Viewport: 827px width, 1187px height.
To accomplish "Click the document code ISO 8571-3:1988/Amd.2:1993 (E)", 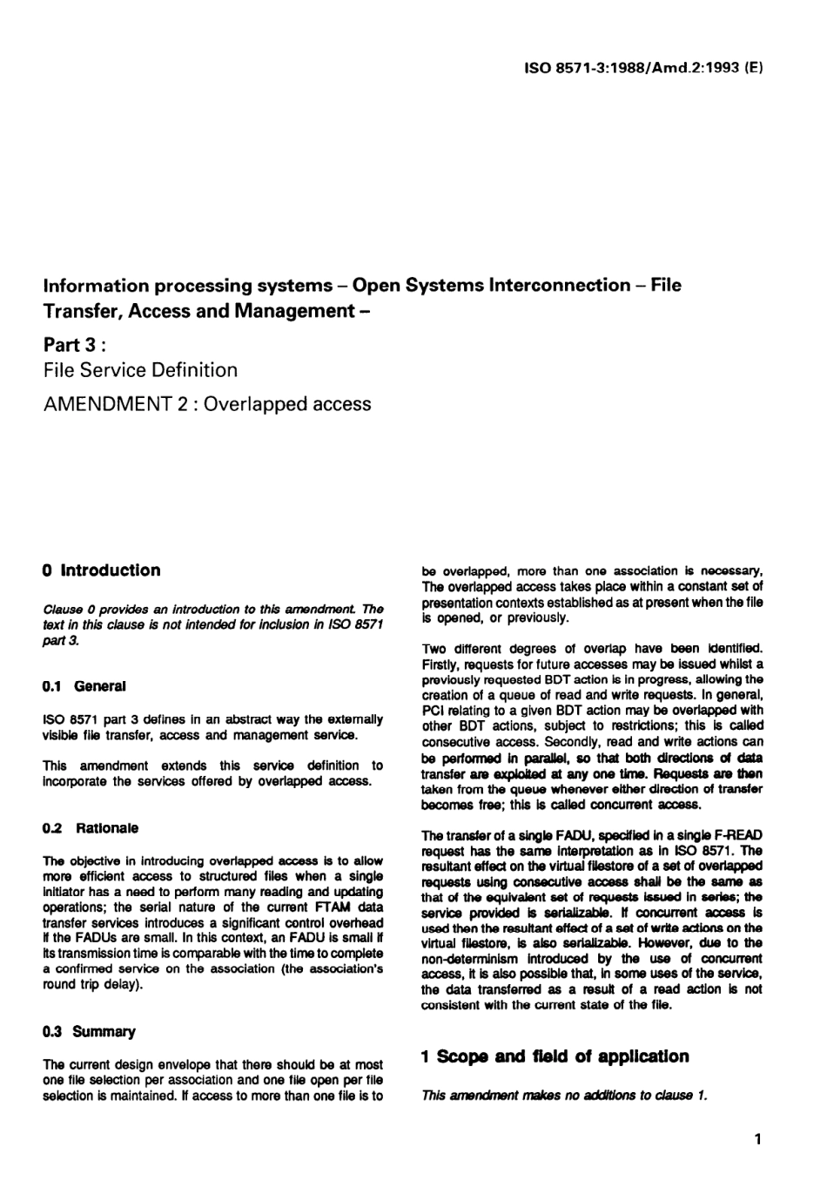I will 643,66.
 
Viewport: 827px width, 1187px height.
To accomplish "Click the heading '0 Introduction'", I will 102,570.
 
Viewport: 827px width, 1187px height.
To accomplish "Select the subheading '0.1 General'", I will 84,686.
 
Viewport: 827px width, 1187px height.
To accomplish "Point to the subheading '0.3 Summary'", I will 90,1032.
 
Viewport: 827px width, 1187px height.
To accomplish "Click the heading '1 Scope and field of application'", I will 555,1056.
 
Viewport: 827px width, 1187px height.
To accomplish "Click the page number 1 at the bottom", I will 757,1139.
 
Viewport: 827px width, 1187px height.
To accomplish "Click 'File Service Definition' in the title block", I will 140,370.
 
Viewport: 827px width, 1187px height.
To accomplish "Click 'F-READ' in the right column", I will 739,835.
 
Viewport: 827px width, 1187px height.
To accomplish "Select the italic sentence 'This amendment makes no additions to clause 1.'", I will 563,1096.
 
